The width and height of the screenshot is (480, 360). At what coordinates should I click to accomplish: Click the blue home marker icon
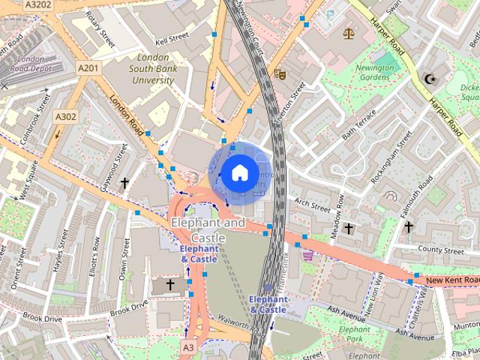[238, 173]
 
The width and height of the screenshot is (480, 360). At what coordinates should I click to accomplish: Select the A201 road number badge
[88, 68]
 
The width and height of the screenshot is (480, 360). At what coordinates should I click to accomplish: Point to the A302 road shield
[65, 116]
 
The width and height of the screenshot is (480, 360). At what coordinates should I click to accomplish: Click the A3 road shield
[188, 347]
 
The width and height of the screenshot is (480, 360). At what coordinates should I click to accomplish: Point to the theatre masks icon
[279, 73]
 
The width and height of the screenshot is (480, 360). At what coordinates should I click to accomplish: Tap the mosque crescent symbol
[430, 78]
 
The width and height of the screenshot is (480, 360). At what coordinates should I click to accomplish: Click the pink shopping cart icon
[307, 256]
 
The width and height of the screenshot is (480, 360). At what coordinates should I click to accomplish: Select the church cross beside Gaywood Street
[124, 182]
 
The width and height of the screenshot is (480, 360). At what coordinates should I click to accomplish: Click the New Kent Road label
[451, 280]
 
